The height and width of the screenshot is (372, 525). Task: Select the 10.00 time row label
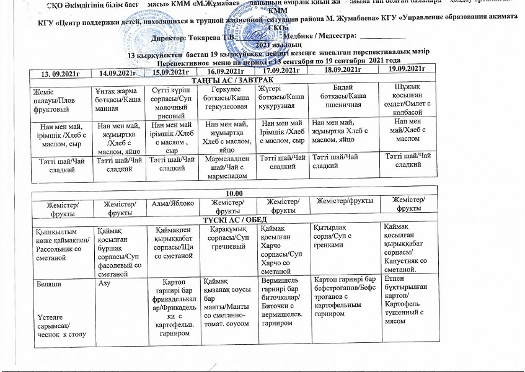point(236,193)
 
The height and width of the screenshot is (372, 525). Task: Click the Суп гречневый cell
point(227,237)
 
